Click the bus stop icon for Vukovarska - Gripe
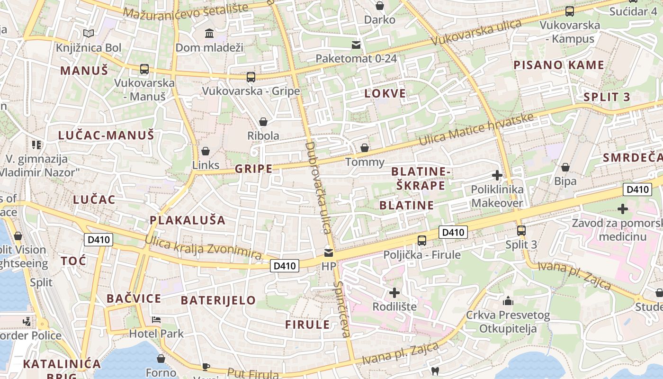tap(251, 77)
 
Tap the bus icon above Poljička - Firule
tap(422, 241)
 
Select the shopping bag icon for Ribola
tap(263, 122)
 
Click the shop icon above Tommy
tap(364, 148)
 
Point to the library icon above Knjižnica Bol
tap(88, 33)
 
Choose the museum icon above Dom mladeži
tap(209, 33)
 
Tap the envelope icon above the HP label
tap(329, 253)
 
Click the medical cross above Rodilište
tap(394, 292)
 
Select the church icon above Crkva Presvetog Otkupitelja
tap(508, 301)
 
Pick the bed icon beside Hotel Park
tap(156, 320)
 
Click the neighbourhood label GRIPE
tap(254, 169)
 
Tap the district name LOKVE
tap(385, 93)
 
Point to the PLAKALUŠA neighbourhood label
tap(188, 220)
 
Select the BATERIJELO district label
tap(218, 300)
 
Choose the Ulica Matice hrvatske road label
tap(476, 129)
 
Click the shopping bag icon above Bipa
tap(565, 167)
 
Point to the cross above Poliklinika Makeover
tap(497, 176)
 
